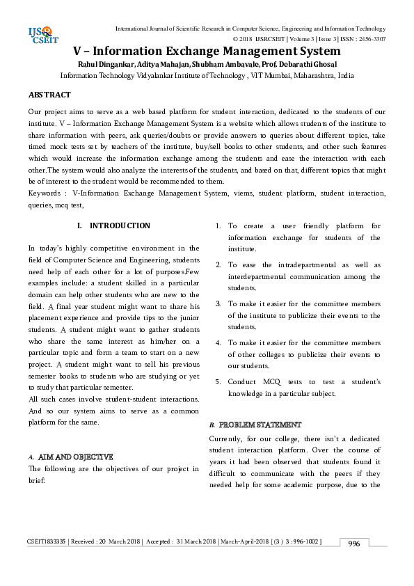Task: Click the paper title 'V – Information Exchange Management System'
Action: (207, 51)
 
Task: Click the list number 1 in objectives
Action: (217, 226)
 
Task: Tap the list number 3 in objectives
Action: (217, 304)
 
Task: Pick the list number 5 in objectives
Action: (217, 382)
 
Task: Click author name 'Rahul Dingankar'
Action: (92, 64)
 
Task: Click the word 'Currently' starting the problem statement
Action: (228, 438)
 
